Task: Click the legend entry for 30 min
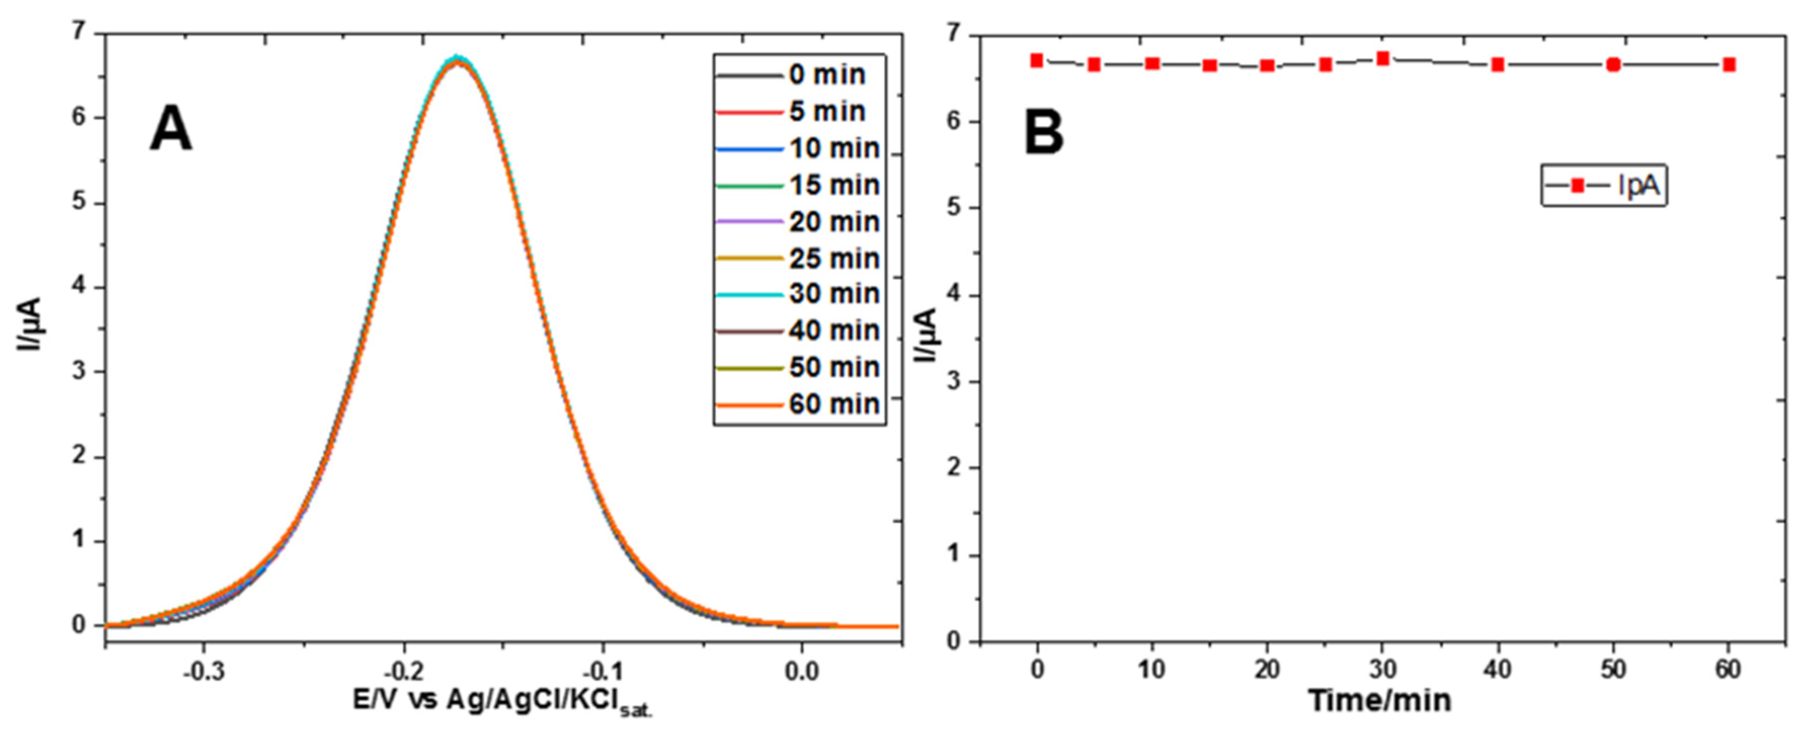pyautogui.click(x=834, y=294)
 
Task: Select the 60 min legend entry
pyautogui.click(x=834, y=404)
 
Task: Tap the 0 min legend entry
pyautogui.click(x=827, y=75)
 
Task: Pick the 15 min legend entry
pyautogui.click(x=834, y=185)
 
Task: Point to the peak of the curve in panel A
pyautogui.click(x=458, y=59)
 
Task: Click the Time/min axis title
pyautogui.click(x=1380, y=701)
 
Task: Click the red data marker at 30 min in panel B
pyautogui.click(x=1383, y=58)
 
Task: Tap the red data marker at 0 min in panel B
pyautogui.click(x=1036, y=60)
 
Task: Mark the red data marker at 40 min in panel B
pyautogui.click(x=1498, y=64)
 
